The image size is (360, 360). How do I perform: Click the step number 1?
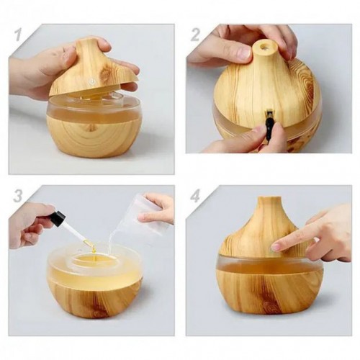(x=19, y=35)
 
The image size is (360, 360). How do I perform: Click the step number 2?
(x=196, y=35)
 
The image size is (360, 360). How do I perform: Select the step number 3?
(x=18, y=196)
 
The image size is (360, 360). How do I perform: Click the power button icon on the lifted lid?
(x=91, y=81)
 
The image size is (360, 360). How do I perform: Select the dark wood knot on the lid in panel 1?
(x=104, y=73)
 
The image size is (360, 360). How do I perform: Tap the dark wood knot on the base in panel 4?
(x=270, y=305)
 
